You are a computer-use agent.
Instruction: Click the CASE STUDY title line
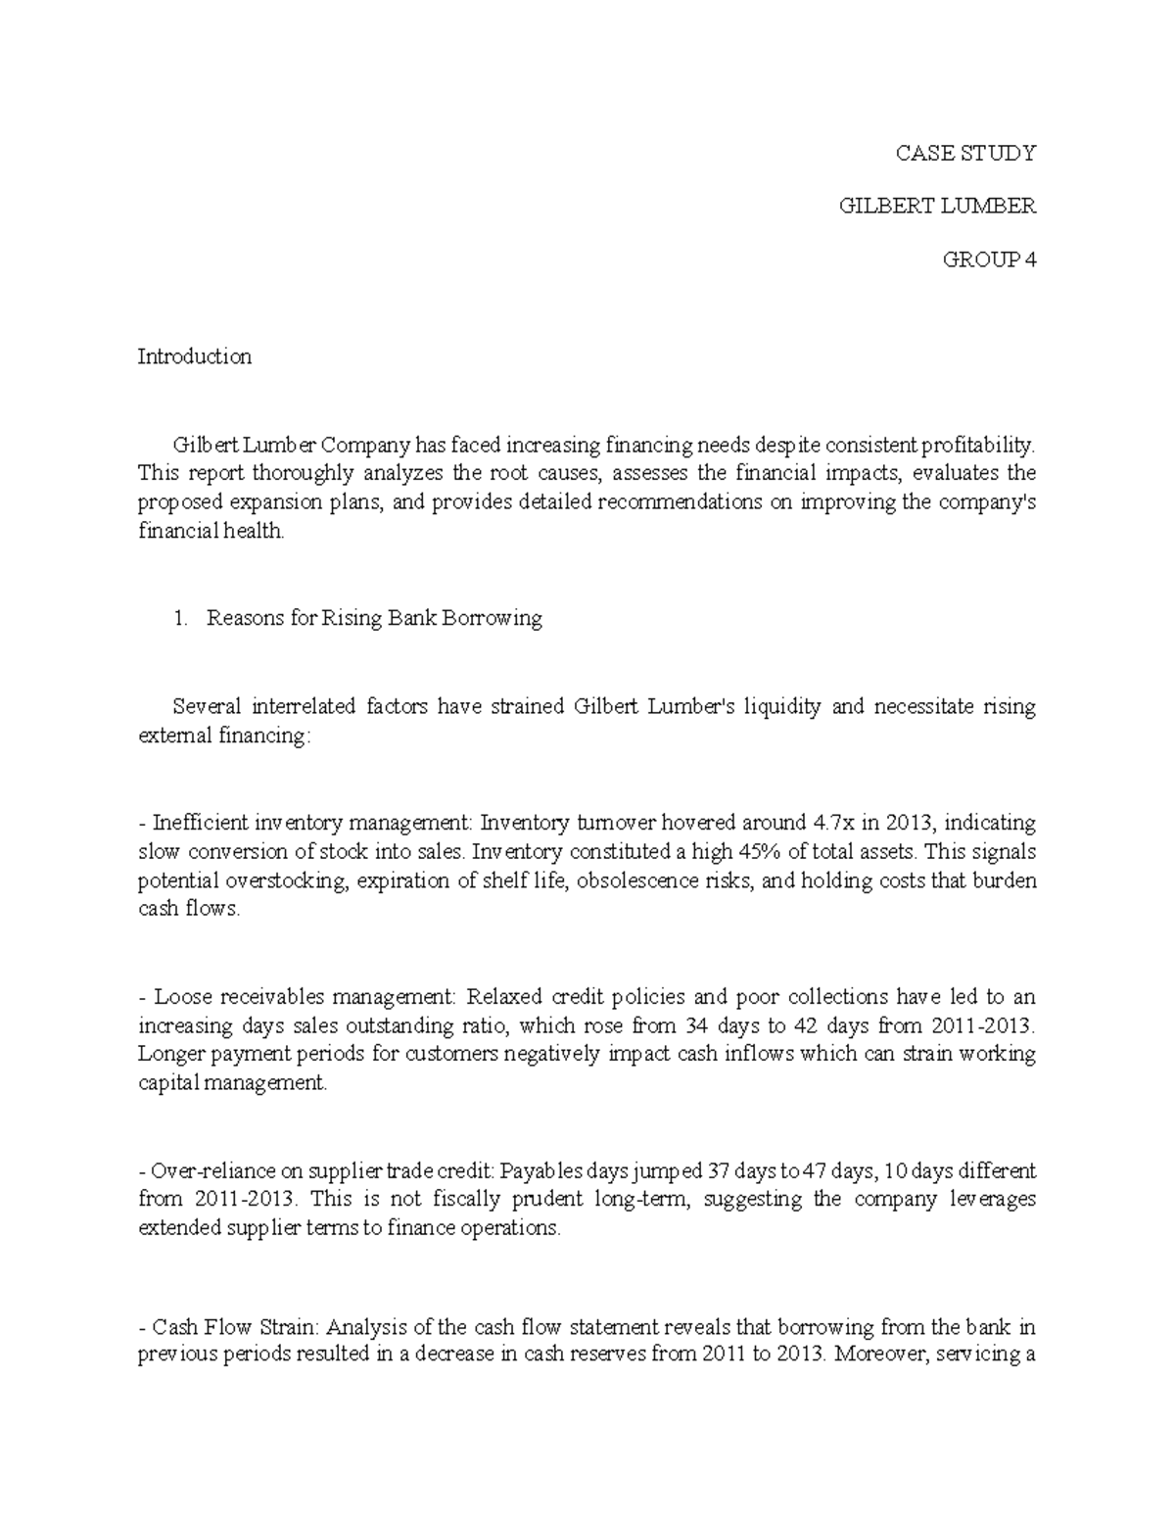pos(965,153)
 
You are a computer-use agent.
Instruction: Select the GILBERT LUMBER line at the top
pos(938,206)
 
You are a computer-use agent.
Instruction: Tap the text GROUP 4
pos(988,260)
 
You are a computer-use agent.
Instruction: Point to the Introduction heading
pos(194,356)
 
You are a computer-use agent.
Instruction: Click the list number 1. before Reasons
pos(179,618)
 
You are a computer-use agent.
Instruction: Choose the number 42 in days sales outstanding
pos(805,1025)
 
